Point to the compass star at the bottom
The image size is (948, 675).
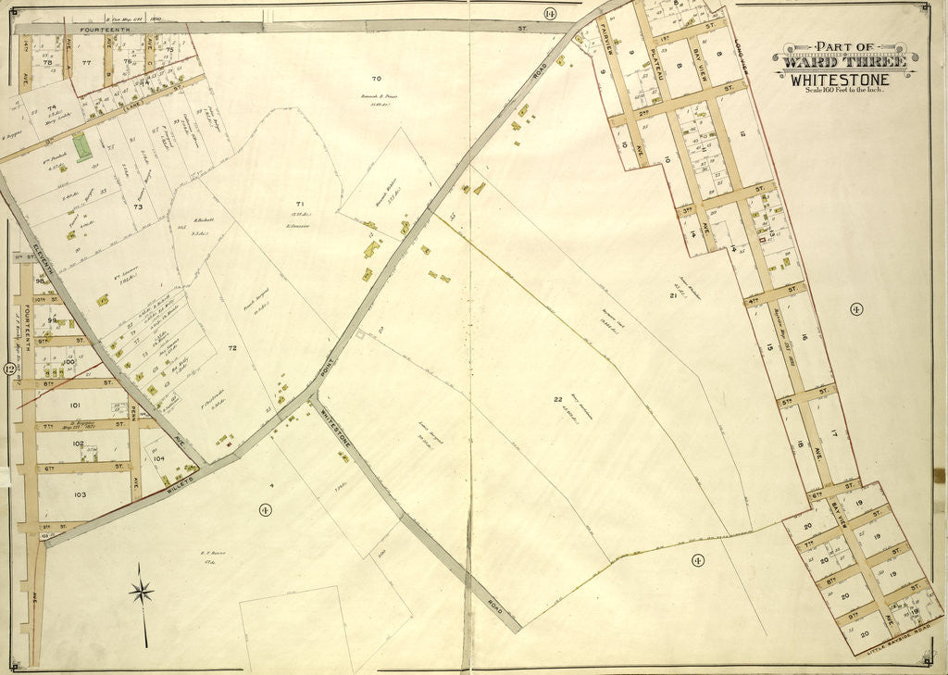142,592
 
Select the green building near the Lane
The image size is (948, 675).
82,147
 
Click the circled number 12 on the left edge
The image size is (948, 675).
10,369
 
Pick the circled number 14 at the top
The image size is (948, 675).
550,13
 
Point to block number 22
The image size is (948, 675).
558,399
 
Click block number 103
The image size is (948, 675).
80,495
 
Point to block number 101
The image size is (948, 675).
75,405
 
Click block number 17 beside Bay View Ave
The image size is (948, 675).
834,432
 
